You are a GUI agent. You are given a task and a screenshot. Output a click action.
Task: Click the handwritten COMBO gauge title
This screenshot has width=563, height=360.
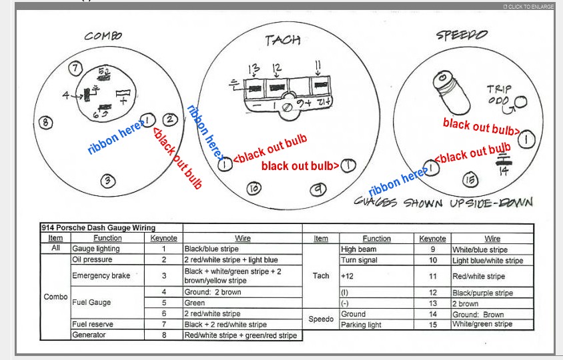[x=103, y=36]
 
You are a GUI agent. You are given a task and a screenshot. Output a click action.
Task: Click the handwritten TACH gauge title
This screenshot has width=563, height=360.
[x=283, y=40]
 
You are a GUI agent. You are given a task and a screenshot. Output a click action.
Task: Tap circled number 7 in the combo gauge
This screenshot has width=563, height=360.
[x=75, y=68]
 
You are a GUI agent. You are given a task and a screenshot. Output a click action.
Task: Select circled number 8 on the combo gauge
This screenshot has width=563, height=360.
[x=45, y=123]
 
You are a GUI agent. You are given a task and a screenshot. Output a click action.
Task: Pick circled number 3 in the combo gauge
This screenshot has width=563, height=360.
[x=108, y=180]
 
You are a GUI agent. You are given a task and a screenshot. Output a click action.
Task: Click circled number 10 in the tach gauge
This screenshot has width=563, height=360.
[x=253, y=189]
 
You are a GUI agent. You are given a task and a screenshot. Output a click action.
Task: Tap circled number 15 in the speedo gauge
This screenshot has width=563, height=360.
[x=470, y=179]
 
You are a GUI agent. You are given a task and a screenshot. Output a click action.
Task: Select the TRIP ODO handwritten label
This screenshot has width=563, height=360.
[x=501, y=94]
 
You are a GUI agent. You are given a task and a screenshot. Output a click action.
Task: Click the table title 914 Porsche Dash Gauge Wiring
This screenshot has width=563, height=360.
[x=98, y=228]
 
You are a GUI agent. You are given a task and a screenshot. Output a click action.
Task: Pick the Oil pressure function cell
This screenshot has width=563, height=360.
[x=92, y=259]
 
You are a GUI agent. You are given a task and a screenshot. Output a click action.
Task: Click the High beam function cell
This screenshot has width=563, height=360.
[x=358, y=249]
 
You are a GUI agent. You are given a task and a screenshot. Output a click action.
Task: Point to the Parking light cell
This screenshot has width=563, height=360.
[x=361, y=325]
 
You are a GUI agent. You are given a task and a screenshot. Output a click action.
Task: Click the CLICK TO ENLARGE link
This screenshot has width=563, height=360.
[x=528, y=7]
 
